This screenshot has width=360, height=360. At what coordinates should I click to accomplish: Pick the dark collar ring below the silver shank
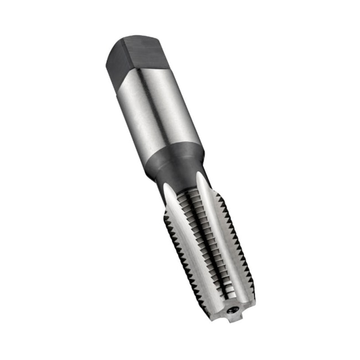(x=174, y=155)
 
